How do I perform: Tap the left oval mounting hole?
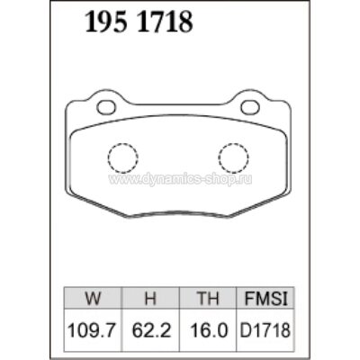106,109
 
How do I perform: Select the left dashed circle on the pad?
121,158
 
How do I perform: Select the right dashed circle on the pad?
237,158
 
